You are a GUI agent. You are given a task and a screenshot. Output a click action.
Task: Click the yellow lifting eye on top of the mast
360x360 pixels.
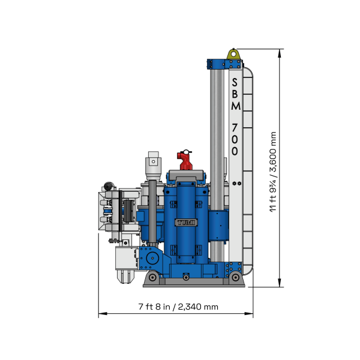[x=233, y=55]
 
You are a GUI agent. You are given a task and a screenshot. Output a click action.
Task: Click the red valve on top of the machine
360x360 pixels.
[x=184, y=160]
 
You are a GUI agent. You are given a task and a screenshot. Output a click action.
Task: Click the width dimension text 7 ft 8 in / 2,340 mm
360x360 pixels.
[x=178, y=307]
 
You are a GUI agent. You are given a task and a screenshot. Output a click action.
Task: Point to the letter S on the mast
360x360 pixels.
[x=235, y=82]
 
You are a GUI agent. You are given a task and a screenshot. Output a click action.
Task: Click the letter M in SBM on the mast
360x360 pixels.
[x=235, y=106]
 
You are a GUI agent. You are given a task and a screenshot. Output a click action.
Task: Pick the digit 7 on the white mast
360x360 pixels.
[x=235, y=128]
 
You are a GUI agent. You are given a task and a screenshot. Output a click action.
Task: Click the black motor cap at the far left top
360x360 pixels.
[x=109, y=187]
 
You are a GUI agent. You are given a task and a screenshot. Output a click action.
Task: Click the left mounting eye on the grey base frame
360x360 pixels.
[x=154, y=277]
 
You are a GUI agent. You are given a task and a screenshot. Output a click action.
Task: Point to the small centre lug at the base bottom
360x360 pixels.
[x=187, y=277]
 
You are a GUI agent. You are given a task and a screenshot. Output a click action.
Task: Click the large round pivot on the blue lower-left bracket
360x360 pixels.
[x=151, y=258]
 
